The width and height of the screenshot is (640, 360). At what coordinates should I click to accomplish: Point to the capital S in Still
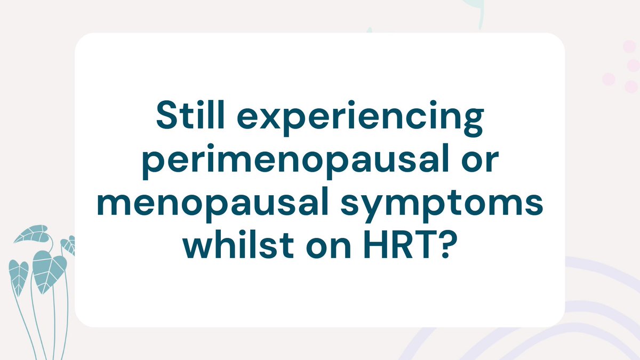pos(167,116)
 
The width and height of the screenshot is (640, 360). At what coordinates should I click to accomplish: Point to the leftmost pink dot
pos(609,79)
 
